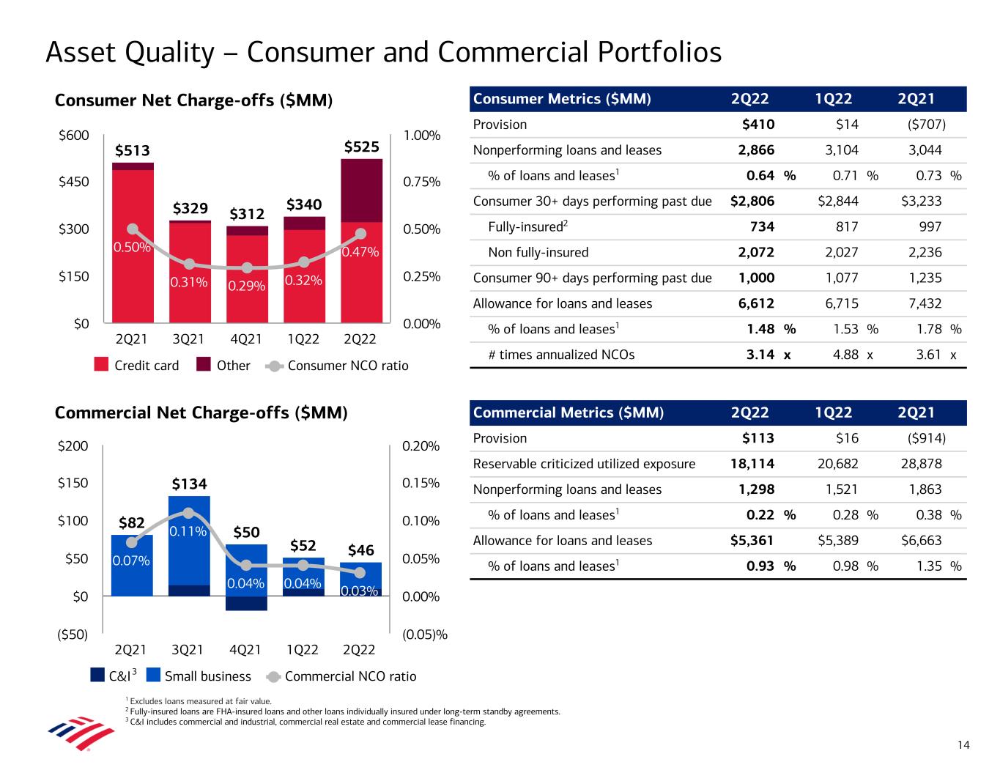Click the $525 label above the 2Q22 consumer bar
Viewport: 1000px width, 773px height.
361,147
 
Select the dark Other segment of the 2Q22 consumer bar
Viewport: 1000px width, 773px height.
361,191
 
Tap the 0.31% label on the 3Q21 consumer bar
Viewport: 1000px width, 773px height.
189,281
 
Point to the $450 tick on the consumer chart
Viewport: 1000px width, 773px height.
73,182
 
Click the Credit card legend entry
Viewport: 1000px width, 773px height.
137,366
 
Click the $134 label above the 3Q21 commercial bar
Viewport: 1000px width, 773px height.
189,484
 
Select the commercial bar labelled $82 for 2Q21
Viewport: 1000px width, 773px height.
132,565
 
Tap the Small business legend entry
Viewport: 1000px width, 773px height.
199,676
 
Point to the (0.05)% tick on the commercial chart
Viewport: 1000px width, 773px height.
425,635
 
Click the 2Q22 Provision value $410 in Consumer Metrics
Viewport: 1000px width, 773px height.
758,125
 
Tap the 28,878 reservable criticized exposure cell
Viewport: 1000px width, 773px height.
921,464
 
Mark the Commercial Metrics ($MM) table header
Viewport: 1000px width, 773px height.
568,413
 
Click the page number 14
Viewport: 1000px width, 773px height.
963,745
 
